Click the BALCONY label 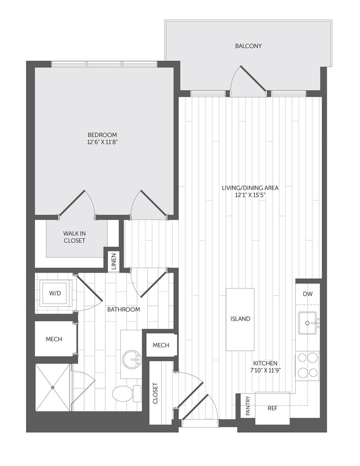[248, 46]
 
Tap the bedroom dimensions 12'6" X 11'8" [102, 142]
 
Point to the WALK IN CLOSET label [74, 237]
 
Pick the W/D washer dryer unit [54, 293]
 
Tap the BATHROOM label [124, 309]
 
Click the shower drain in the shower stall [53, 387]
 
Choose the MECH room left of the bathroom [54, 339]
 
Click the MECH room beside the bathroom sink [161, 345]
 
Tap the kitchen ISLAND [240, 319]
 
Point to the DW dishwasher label [308, 294]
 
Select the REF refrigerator [272, 408]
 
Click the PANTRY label [248, 406]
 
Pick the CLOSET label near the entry [155, 394]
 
